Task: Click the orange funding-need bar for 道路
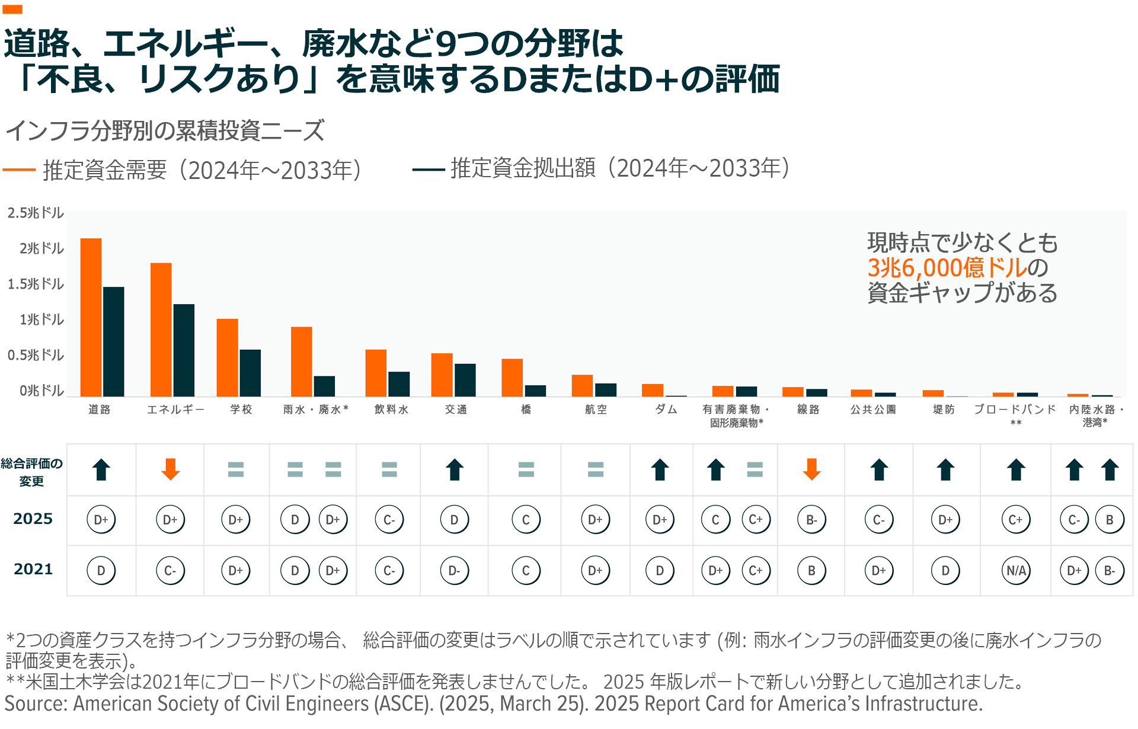pyautogui.click(x=91, y=317)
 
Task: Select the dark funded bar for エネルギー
pyautogui.click(x=184, y=350)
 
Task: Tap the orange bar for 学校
pyautogui.click(x=227, y=357)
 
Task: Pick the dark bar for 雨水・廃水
pyautogui.click(x=324, y=386)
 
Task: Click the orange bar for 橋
pyautogui.click(x=512, y=378)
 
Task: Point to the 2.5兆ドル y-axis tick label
pyautogui.click(x=36, y=213)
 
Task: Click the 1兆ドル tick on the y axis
pyautogui.click(x=41, y=319)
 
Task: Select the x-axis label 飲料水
pyautogui.click(x=391, y=410)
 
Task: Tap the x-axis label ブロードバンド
pyautogui.click(x=1015, y=410)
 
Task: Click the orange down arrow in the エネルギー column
pyautogui.click(x=171, y=469)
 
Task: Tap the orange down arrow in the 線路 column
pyautogui.click(x=811, y=469)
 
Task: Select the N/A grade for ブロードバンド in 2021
pyautogui.click(x=1016, y=571)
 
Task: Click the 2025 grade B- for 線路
pyautogui.click(x=811, y=520)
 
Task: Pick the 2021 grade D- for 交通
pyautogui.click(x=454, y=571)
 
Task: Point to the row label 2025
pyautogui.click(x=33, y=519)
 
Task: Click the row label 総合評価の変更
pyautogui.click(x=31, y=472)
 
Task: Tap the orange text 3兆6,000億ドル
pyautogui.click(x=947, y=268)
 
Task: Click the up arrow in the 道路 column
pyautogui.click(x=101, y=469)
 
